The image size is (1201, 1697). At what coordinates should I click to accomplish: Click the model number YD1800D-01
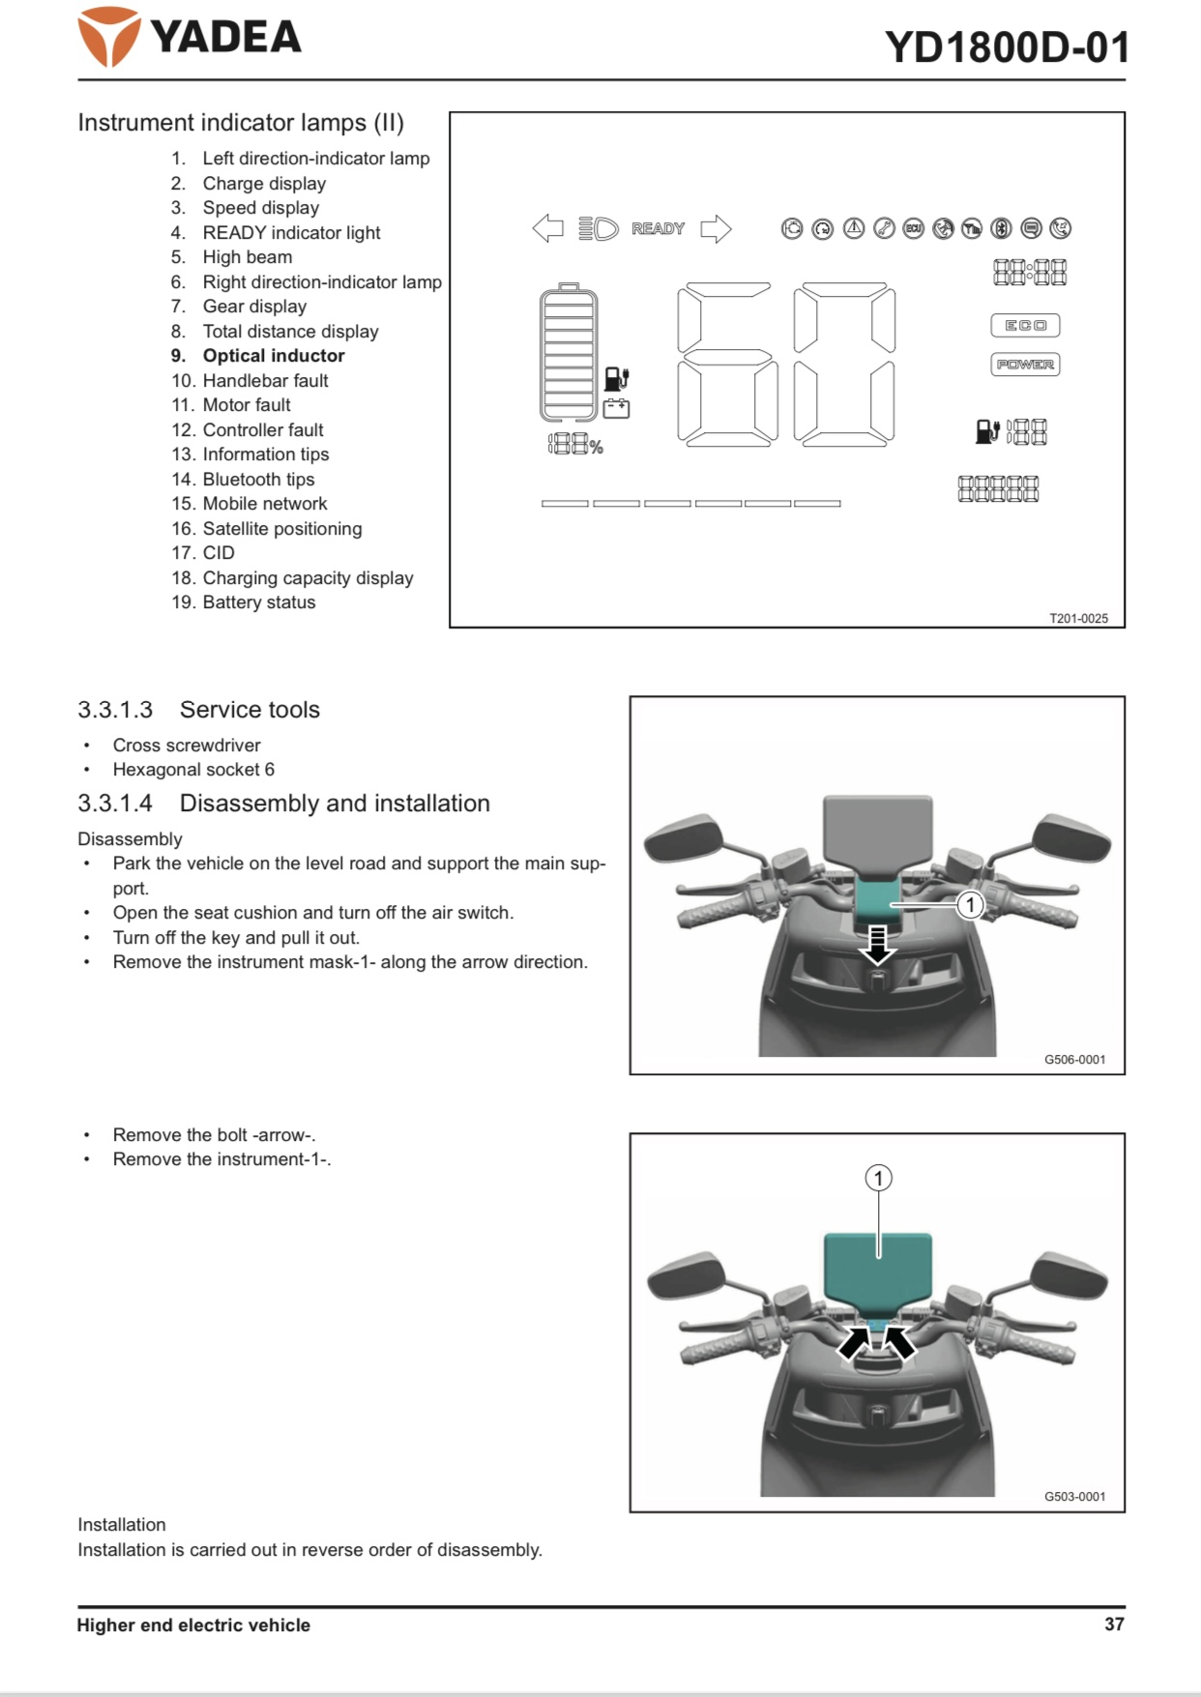click(x=1006, y=47)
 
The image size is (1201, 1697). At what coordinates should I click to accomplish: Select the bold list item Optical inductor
click(x=273, y=356)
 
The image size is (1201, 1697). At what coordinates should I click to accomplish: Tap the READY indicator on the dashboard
click(x=658, y=229)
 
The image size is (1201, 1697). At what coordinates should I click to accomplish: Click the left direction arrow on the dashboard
click(x=548, y=229)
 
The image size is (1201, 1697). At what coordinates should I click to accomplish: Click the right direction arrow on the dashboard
click(x=716, y=229)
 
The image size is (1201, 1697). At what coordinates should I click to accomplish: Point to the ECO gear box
click(x=1025, y=326)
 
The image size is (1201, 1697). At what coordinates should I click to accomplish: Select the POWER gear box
click(x=1025, y=365)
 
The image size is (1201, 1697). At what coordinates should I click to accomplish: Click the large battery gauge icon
click(x=569, y=354)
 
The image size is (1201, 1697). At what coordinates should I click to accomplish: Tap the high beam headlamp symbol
click(x=599, y=229)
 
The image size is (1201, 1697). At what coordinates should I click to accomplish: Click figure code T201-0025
click(x=1078, y=619)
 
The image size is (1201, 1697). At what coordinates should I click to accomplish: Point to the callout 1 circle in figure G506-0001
click(x=970, y=905)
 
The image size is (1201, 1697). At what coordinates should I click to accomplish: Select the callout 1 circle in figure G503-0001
click(x=878, y=1178)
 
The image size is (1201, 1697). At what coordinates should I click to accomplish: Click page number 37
click(x=1114, y=1624)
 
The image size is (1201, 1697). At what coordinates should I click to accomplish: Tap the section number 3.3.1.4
click(x=115, y=804)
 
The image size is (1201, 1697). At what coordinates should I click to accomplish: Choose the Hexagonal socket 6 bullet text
click(x=193, y=770)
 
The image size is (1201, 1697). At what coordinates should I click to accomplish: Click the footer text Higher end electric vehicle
click(x=193, y=1625)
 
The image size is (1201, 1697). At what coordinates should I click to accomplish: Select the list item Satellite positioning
click(x=281, y=529)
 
